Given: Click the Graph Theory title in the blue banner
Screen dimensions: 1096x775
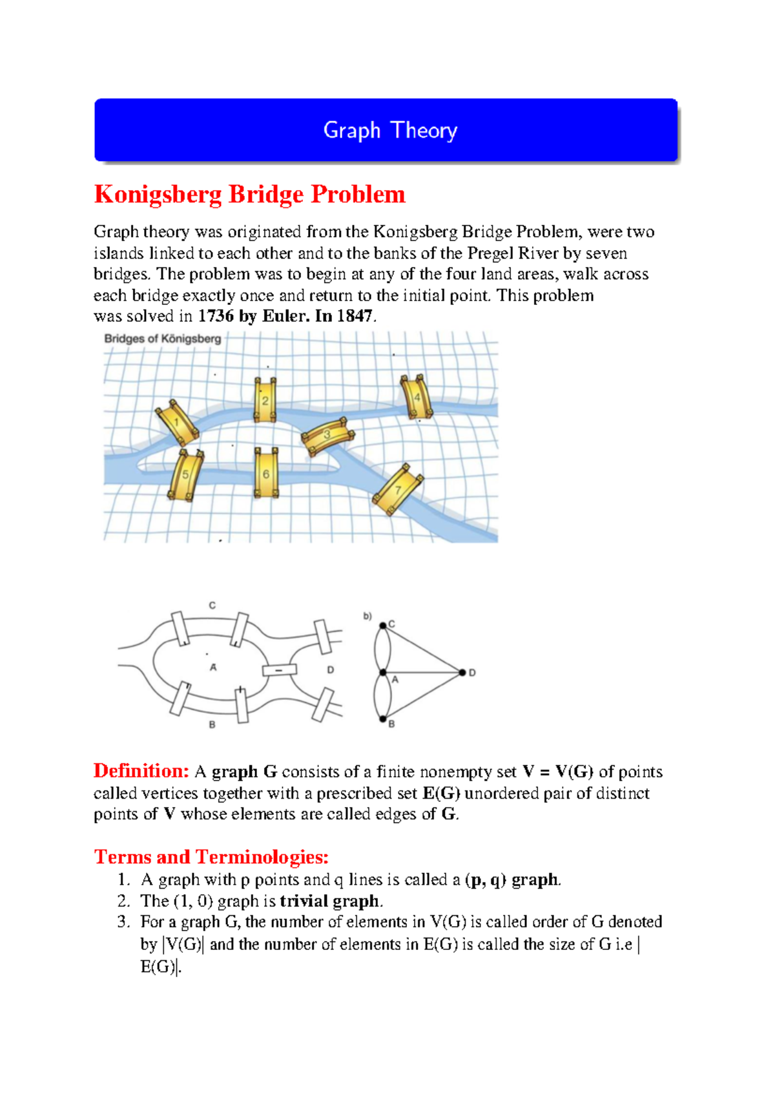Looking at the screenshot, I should [x=390, y=131].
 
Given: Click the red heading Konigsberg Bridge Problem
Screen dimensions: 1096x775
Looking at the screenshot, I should [x=249, y=195].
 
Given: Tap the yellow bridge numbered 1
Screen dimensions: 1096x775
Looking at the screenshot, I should [x=177, y=423].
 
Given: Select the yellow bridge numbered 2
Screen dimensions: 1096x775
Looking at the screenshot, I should [x=265, y=401].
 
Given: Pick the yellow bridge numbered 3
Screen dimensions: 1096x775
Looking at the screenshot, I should [x=328, y=436].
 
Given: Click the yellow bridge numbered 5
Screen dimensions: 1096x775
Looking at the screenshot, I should [x=185, y=475].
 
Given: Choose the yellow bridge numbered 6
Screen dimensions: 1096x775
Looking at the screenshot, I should [x=265, y=474].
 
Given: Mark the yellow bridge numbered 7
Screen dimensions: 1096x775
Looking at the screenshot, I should [x=398, y=489].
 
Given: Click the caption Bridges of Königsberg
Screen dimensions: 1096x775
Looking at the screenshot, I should [x=163, y=339].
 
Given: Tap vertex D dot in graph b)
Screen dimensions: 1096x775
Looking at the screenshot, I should [x=462, y=673].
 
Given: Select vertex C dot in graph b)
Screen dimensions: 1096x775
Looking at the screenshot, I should [x=383, y=625].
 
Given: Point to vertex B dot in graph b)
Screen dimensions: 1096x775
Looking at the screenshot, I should [x=383, y=719].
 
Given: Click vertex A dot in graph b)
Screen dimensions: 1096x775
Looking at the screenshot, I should [x=383, y=673].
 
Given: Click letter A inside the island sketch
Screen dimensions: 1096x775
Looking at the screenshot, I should [x=213, y=668].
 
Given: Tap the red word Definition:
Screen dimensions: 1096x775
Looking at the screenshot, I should [x=141, y=771].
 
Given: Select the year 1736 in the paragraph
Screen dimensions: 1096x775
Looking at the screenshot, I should [x=215, y=316].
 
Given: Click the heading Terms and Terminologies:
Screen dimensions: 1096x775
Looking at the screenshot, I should [x=211, y=857].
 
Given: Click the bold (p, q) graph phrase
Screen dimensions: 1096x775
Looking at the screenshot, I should [x=512, y=880].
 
